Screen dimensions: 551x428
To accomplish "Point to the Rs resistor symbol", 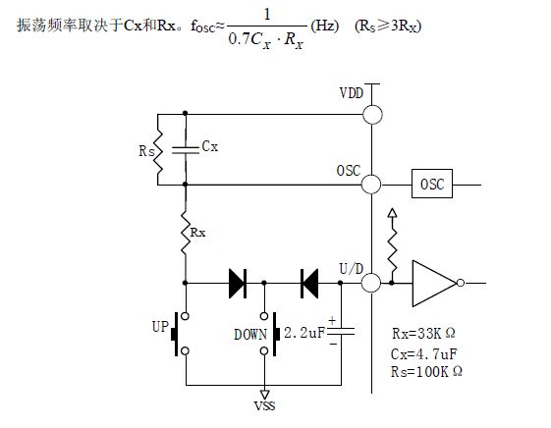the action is coord(158,151).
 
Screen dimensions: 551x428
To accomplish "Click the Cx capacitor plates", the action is coord(186,150).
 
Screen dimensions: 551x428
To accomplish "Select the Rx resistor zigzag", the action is coord(186,232).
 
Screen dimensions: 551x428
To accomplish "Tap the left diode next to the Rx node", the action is coord(238,283).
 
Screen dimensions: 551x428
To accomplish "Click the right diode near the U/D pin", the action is coord(309,283).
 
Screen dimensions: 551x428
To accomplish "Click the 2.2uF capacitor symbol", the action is coord(341,332).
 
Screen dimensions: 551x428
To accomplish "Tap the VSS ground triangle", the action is coord(264,394).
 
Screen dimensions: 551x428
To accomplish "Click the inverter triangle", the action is coord(434,283).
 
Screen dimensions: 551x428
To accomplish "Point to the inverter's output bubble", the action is coord(461,283).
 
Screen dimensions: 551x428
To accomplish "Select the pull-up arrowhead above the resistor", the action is coord(392,213).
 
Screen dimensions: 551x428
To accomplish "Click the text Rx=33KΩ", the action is coord(423,333).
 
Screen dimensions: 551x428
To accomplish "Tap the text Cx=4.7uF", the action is coord(423,354).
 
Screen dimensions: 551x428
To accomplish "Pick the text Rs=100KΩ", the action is coord(426,371).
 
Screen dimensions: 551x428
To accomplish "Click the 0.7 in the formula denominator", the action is coord(239,39).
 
